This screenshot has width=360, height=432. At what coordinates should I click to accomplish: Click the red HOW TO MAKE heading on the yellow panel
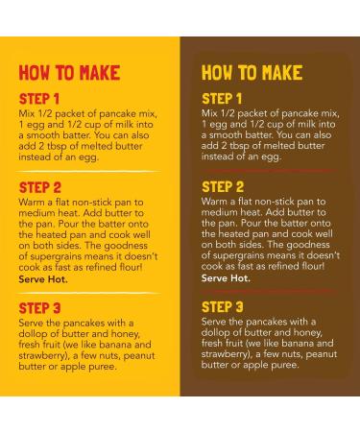(69, 73)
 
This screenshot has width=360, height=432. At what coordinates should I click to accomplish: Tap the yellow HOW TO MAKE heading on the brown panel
(252, 73)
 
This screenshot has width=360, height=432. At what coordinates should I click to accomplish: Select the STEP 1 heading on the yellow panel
(39, 99)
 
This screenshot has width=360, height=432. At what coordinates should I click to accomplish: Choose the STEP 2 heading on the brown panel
(223, 187)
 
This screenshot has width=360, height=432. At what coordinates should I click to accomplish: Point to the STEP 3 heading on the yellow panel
(39, 308)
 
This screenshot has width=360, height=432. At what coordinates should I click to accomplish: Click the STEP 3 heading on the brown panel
(223, 307)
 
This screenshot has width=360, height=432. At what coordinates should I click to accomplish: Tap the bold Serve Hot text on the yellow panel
(43, 279)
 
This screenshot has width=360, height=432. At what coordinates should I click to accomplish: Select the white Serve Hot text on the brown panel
(226, 278)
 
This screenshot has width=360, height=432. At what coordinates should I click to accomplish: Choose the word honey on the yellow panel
(126, 334)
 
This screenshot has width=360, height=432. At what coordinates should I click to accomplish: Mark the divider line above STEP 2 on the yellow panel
(89, 172)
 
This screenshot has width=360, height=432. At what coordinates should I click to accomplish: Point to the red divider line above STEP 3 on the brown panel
(269, 291)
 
